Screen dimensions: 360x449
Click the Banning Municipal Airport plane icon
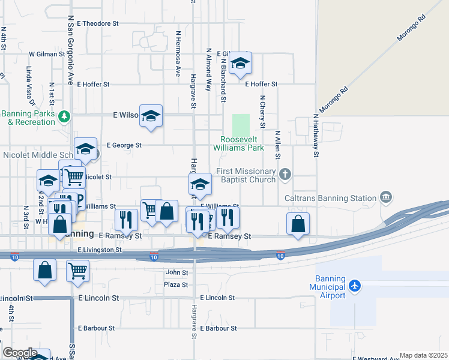pyautogui.click(x=355, y=284)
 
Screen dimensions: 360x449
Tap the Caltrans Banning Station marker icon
pyautogui.click(x=386, y=197)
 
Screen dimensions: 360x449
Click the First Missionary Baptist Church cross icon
pyautogui.click(x=285, y=175)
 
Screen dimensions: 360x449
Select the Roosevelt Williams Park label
pyautogui.click(x=238, y=143)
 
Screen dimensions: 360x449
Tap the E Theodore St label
pyautogui.click(x=99, y=23)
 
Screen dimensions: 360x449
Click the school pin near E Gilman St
pyautogui.click(x=241, y=63)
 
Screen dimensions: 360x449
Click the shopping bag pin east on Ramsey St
pyautogui.click(x=298, y=224)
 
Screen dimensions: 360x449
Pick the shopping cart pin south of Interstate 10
pyautogui.click(x=78, y=271)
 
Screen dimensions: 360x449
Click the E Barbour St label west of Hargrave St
pyautogui.click(x=96, y=328)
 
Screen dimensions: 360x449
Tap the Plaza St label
pyautogui.click(x=176, y=284)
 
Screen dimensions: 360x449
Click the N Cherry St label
pyautogui.click(x=262, y=112)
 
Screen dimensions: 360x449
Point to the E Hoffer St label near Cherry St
pyautogui.click(x=261, y=85)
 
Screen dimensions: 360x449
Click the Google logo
pyautogui.click(x=20, y=353)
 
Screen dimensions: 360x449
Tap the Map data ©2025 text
pyautogui.click(x=423, y=355)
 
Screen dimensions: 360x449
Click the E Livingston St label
pyautogui.click(x=100, y=249)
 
